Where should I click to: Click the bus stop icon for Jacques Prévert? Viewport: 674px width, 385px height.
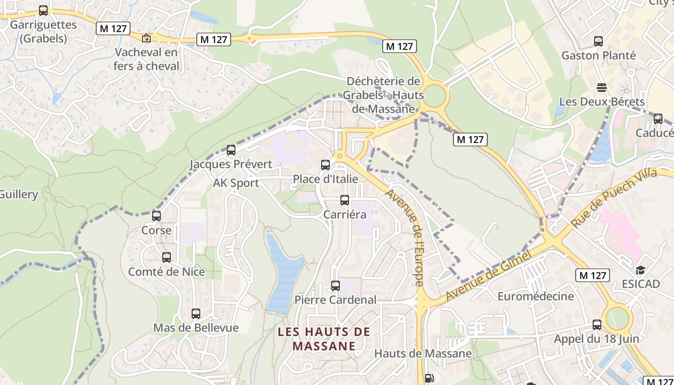[231, 150]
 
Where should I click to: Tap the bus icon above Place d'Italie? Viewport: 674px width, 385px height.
[325, 165]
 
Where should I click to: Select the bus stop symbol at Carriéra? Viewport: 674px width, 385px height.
[345, 200]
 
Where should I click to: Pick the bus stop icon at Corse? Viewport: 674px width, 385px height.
[156, 216]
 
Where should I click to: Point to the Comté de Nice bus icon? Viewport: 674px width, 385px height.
[167, 257]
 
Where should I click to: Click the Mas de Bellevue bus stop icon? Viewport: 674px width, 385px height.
[196, 314]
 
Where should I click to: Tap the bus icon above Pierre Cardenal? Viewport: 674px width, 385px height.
[336, 286]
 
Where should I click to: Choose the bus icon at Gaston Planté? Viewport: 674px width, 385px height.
[598, 41]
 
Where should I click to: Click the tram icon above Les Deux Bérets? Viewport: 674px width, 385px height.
[601, 88]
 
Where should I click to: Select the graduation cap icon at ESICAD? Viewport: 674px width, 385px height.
[640, 270]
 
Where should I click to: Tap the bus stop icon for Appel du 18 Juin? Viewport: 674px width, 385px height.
[597, 325]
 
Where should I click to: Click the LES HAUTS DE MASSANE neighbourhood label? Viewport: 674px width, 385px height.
[324, 339]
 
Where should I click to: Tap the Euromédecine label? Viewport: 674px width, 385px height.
[535, 296]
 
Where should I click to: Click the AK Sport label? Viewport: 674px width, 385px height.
[236, 183]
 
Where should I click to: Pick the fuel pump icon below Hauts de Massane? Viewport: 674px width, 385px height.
[428, 379]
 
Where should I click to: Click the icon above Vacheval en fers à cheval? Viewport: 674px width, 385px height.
[146, 38]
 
